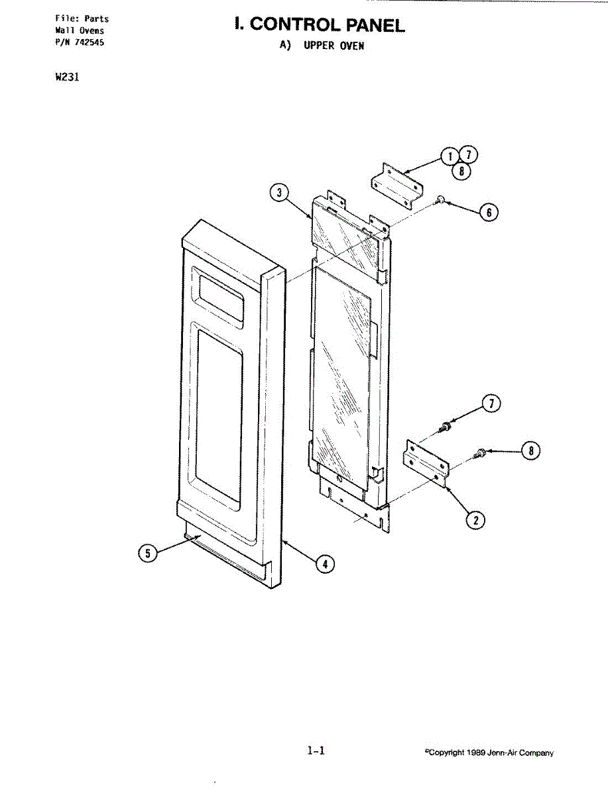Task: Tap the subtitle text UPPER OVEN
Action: (x=334, y=46)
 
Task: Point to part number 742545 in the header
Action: (x=90, y=42)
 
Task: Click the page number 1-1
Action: (x=316, y=751)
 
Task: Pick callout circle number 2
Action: (x=475, y=520)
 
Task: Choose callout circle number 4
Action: (x=324, y=564)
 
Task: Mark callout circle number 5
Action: (x=148, y=554)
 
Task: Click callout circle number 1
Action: (x=450, y=156)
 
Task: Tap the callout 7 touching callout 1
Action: (x=468, y=155)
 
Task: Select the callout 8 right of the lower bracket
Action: (x=530, y=450)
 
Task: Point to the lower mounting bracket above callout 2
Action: (x=426, y=463)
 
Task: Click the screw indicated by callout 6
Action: (x=439, y=199)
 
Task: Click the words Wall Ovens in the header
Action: (x=80, y=30)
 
